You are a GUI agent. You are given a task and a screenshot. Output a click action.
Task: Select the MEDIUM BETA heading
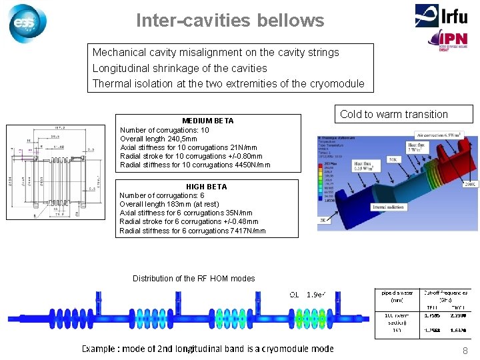208,121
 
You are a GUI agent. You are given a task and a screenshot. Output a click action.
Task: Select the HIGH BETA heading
207,187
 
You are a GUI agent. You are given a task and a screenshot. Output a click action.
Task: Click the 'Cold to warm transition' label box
394,114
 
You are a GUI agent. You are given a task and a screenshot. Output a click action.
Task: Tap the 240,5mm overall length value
181,139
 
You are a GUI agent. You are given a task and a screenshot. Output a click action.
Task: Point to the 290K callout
470,183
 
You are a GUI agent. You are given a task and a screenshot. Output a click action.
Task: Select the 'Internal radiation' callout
389,207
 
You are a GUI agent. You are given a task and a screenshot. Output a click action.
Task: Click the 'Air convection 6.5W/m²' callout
446,134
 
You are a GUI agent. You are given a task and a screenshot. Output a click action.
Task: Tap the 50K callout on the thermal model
393,159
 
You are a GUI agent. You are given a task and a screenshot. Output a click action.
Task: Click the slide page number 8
465,351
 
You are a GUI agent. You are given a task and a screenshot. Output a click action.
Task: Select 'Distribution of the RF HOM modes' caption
193,279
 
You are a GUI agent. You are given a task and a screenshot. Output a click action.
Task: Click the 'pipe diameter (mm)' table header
397,295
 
